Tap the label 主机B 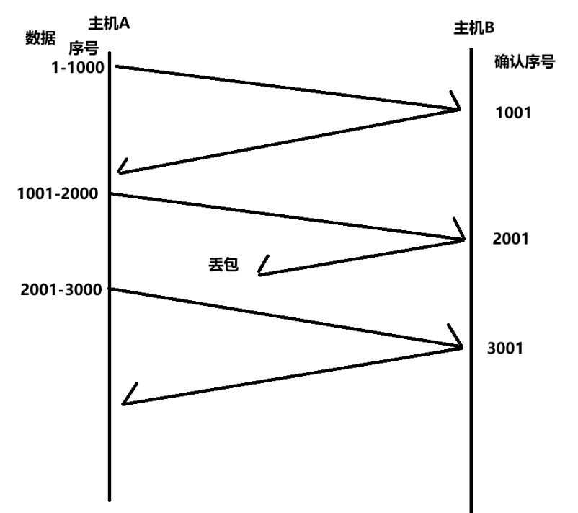473,29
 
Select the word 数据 40,37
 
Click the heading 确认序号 524,62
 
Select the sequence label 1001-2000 59,194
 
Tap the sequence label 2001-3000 61,289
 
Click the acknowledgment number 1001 513,113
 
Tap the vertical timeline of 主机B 471,433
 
